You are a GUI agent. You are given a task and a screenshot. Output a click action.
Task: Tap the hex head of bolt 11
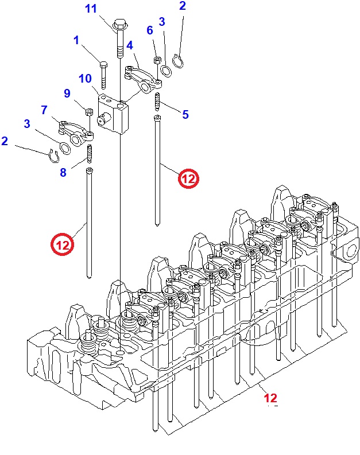click(120, 25)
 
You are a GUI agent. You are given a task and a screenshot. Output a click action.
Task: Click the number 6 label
click(150, 30)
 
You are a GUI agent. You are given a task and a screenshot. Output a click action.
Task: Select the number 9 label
click(67, 93)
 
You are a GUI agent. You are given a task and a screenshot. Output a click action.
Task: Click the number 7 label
click(44, 109)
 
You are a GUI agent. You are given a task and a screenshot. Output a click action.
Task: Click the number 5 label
click(185, 115)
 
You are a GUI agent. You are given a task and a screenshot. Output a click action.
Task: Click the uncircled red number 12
click(270, 398)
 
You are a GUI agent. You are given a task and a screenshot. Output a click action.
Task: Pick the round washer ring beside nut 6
click(165, 71)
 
